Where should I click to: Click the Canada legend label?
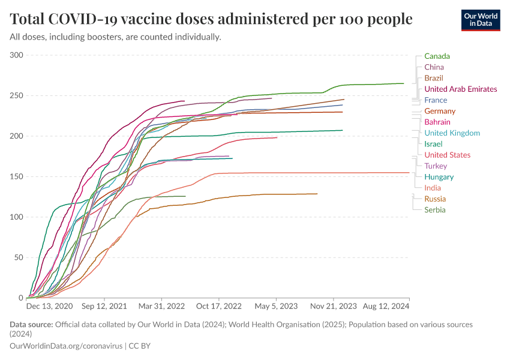coord(437,56)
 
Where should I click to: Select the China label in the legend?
coord(434,67)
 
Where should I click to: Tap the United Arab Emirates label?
coord(460,89)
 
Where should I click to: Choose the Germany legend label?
coord(440,111)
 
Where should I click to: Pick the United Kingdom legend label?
coord(452,133)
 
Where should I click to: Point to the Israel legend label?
coord(433,144)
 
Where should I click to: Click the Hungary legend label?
coord(439,177)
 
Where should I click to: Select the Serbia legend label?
coord(435,210)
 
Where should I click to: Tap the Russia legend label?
coord(435,199)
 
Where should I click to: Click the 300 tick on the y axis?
coord(16,55)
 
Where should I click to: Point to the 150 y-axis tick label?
coord(16,176)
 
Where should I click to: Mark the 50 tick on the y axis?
coord(19,257)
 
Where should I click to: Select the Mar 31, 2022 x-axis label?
coord(161,306)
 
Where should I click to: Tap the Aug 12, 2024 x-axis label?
coord(385,306)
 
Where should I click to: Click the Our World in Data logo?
coord(481,20)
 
